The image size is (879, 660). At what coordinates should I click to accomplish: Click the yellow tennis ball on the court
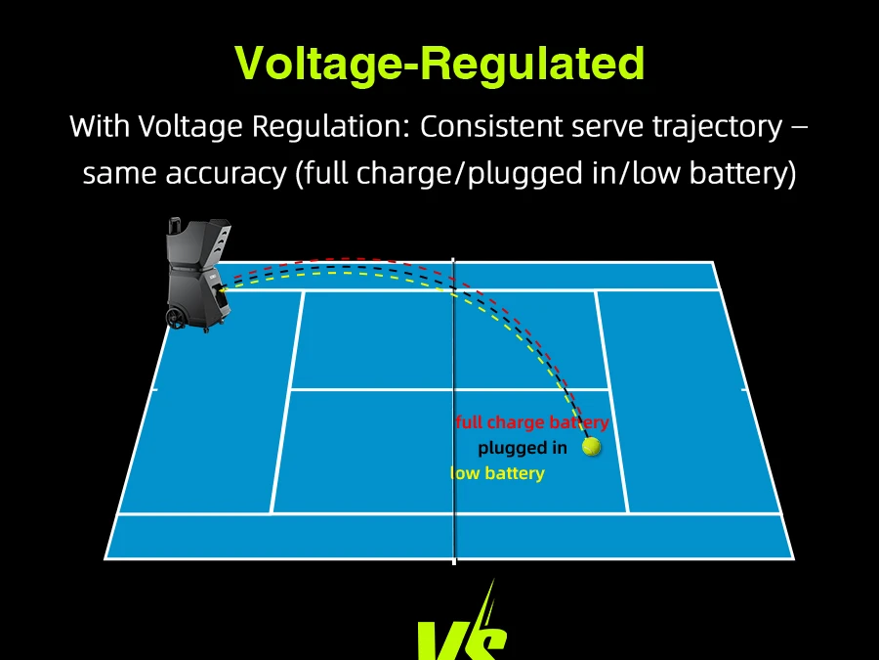591,447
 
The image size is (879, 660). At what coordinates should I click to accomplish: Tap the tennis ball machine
199,279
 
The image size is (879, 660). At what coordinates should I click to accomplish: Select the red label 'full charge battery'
532,422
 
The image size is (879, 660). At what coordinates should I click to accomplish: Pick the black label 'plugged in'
523,448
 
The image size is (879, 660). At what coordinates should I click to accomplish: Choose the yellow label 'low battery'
498,473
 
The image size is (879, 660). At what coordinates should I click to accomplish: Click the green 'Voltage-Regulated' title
439,64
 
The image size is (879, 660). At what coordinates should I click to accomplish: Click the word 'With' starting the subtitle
99,127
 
